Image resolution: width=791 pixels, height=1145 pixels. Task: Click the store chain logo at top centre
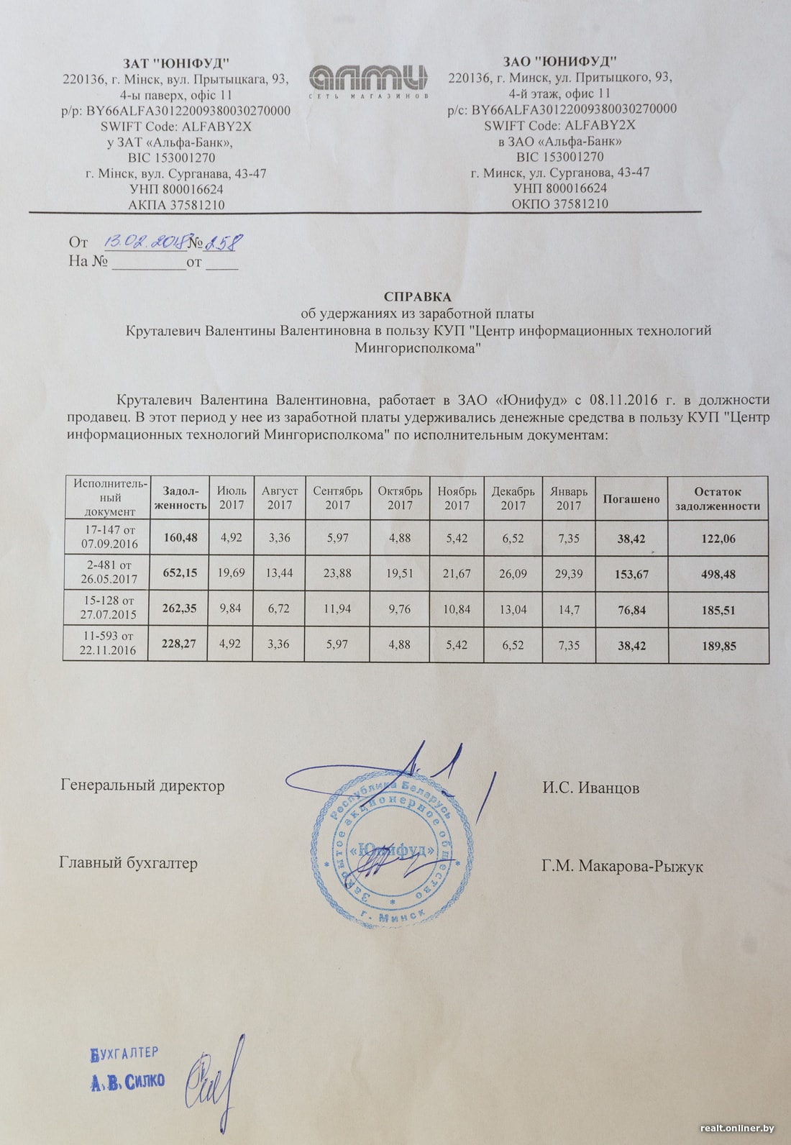[x=368, y=80]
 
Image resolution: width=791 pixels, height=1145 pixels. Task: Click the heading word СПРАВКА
[x=417, y=296]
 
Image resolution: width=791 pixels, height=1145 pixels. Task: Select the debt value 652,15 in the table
[x=180, y=573]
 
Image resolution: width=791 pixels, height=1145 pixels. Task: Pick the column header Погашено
[x=631, y=498]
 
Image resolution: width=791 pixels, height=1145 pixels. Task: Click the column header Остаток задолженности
[x=718, y=498]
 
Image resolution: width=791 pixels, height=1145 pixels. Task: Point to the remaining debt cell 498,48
[x=718, y=574]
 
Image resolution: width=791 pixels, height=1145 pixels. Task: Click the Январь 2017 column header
[x=568, y=498]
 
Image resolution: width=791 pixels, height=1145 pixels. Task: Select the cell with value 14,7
[x=568, y=609]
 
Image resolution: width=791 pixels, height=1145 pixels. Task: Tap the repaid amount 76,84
[x=631, y=610]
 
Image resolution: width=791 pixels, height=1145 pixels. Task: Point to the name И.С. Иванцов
[x=590, y=788]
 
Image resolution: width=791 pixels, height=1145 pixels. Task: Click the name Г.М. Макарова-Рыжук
[x=622, y=867]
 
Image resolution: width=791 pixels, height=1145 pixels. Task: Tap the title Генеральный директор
[x=142, y=786]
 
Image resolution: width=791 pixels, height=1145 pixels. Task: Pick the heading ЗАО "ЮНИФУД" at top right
[x=559, y=61]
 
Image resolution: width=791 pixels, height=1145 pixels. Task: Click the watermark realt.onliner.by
[x=736, y=1128]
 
